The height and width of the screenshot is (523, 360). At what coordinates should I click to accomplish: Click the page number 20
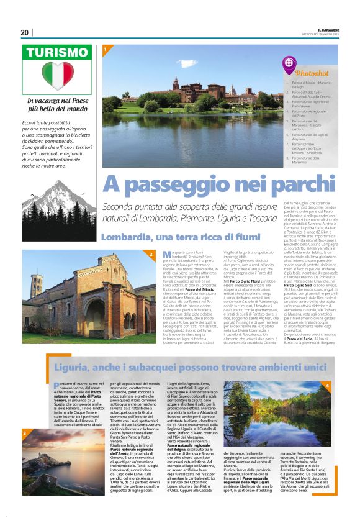pos(25,32)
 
